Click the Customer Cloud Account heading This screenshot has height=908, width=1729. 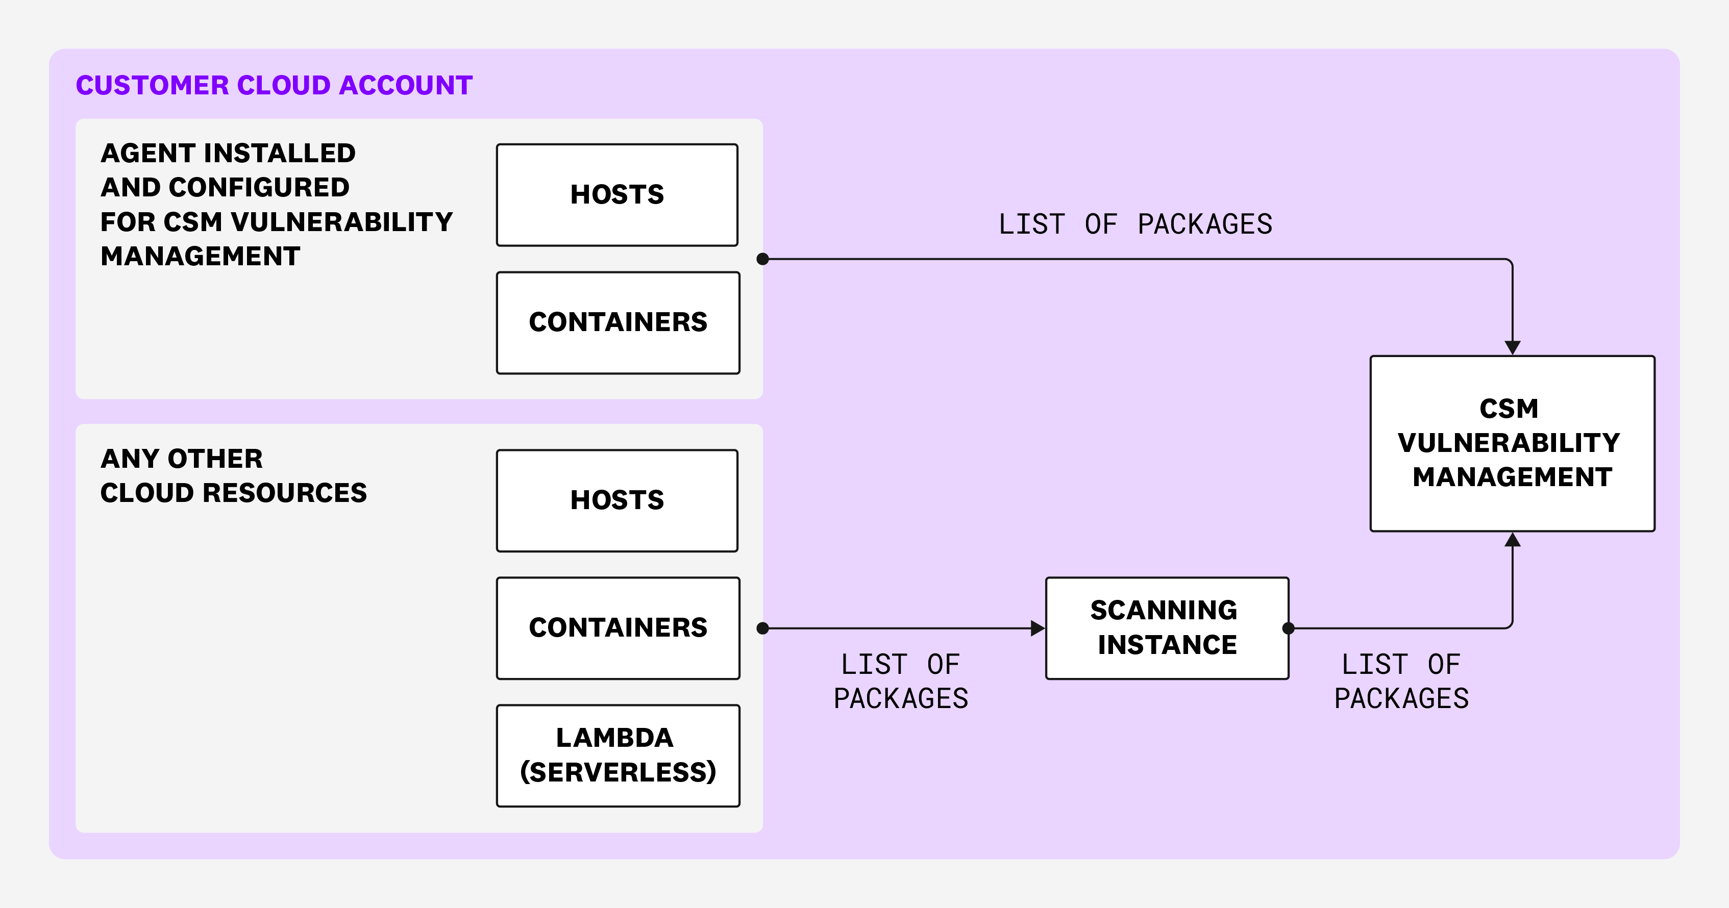click(x=274, y=85)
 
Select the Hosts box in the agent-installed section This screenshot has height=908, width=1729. click(x=617, y=195)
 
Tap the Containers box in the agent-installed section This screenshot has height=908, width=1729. click(x=617, y=322)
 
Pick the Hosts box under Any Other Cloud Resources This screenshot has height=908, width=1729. click(x=617, y=500)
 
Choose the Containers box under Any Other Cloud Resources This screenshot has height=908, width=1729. click(x=617, y=628)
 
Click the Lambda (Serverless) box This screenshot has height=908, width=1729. click(x=617, y=755)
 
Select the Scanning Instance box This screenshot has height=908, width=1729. click(x=1167, y=628)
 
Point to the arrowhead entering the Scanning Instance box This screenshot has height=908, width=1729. click(x=1037, y=628)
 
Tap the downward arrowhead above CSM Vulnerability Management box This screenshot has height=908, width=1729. click(x=1512, y=347)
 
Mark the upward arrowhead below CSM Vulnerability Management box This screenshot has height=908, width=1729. click(x=1512, y=540)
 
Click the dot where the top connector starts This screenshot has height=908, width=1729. click(x=762, y=259)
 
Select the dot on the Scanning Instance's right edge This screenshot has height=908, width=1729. click(x=1288, y=628)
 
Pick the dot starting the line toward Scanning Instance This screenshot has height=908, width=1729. click(x=762, y=628)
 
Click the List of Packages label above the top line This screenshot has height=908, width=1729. click(x=1135, y=224)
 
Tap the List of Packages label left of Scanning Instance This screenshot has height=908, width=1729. click(x=901, y=681)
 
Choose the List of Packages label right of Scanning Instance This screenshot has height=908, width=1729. click(x=1401, y=681)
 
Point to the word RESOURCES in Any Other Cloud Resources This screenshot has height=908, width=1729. click(x=285, y=493)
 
